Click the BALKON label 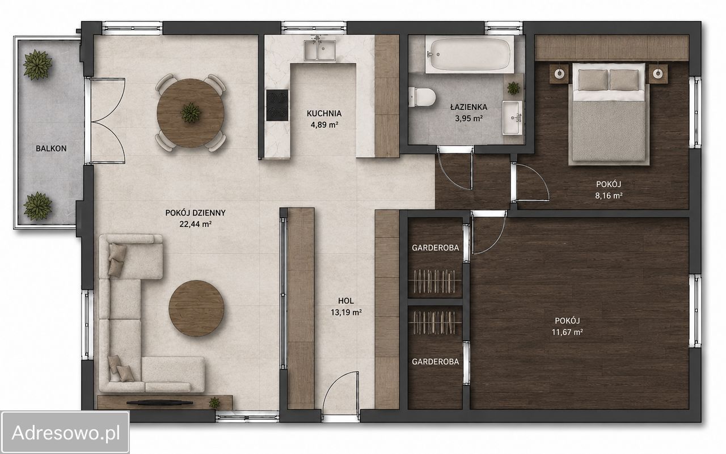tap(51, 148)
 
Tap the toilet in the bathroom tap(421, 97)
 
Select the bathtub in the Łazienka tap(470, 54)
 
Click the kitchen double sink tap(319, 50)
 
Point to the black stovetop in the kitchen tap(277, 105)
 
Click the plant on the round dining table tap(191, 113)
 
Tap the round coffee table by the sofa tap(196, 308)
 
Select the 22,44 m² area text tap(196, 224)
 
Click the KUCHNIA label tap(324, 114)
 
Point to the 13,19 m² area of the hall tap(346, 312)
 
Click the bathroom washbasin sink tap(512, 117)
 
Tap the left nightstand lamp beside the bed tap(559, 74)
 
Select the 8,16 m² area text tap(609, 196)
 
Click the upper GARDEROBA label tap(435, 248)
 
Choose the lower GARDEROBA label tap(435, 362)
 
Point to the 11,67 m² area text tap(567, 332)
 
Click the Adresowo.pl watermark tap(66, 432)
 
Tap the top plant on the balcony tap(37, 65)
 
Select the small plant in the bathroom tap(513, 87)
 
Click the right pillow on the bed tap(624, 80)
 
